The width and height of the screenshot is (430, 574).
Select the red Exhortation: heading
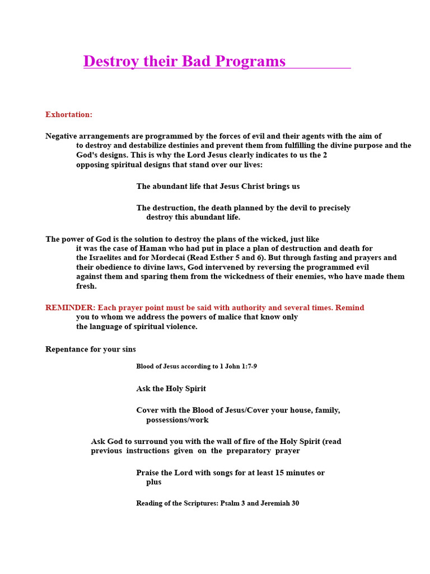(x=69, y=114)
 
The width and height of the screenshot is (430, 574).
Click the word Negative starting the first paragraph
(x=62, y=136)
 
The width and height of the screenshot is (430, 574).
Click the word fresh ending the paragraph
(x=86, y=286)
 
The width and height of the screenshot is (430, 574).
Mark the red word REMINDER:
(x=70, y=308)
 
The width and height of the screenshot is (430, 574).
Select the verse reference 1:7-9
(x=247, y=367)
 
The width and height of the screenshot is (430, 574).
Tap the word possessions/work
(x=177, y=420)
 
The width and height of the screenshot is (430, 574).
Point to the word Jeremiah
(x=274, y=503)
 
